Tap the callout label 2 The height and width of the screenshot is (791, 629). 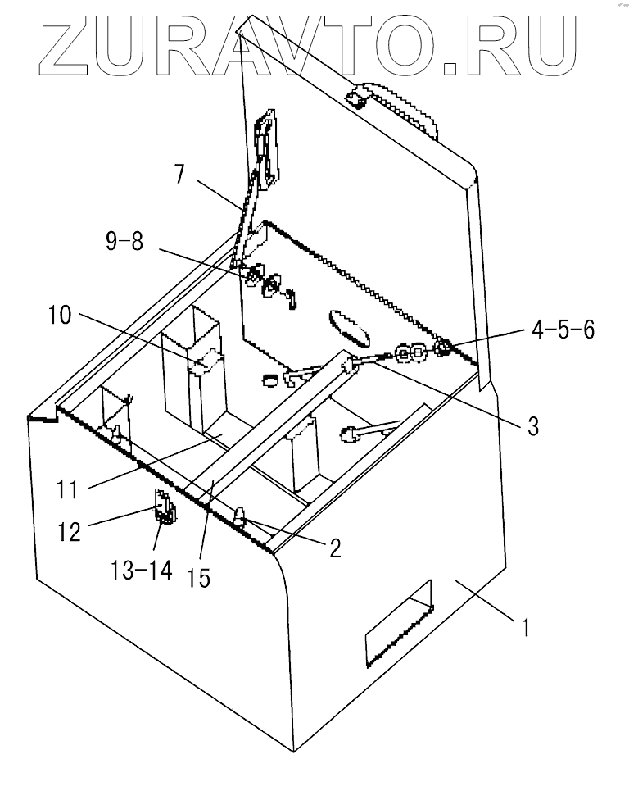click(334, 548)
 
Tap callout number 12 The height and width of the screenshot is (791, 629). click(68, 531)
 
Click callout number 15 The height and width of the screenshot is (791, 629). click(199, 578)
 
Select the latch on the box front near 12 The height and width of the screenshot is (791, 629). click(164, 508)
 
